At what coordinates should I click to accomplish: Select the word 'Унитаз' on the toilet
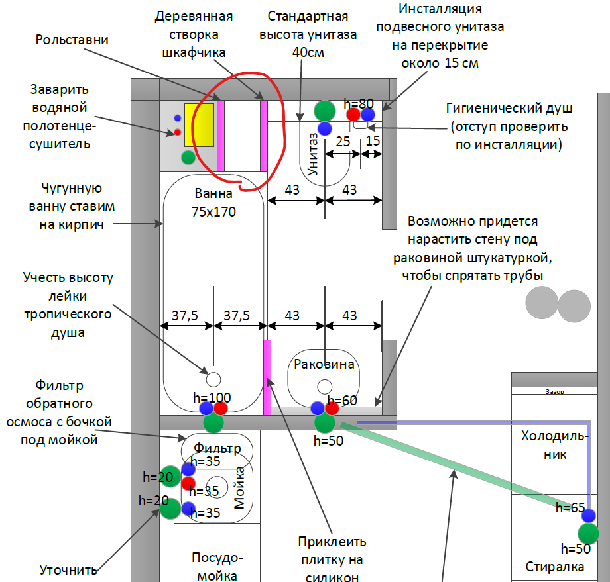pos(314,154)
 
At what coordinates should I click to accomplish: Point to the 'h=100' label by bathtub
pos(212,398)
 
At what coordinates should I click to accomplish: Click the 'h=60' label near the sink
pos(342,401)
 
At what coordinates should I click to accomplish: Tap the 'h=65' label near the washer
pos(571,508)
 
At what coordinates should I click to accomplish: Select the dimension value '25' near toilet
pos(343,141)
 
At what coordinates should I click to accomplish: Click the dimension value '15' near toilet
pos(373,141)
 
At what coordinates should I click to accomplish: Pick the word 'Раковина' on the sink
pos(324,364)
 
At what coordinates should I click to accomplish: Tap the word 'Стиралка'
pos(555,567)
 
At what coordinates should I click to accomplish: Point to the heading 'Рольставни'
pos(72,40)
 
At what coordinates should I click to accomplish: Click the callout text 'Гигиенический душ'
pos(510,109)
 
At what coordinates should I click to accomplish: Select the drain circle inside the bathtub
pos(213,379)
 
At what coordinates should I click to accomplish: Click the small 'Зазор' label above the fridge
pos(554,392)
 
